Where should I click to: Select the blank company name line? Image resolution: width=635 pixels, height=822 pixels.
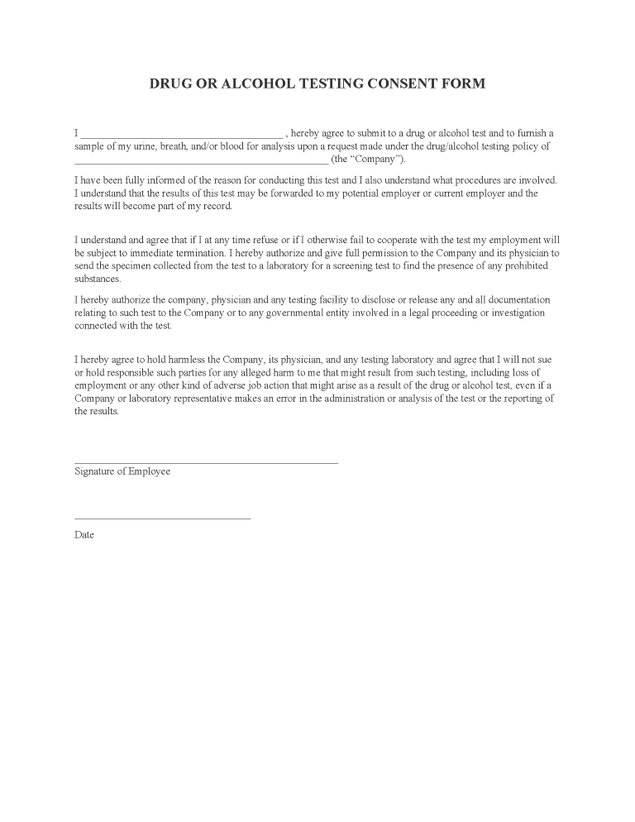tap(201, 160)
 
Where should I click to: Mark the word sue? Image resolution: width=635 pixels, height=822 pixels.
tap(552, 359)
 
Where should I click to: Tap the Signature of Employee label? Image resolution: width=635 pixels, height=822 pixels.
tap(122, 471)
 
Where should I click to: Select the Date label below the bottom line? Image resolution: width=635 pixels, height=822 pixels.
tap(84, 534)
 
